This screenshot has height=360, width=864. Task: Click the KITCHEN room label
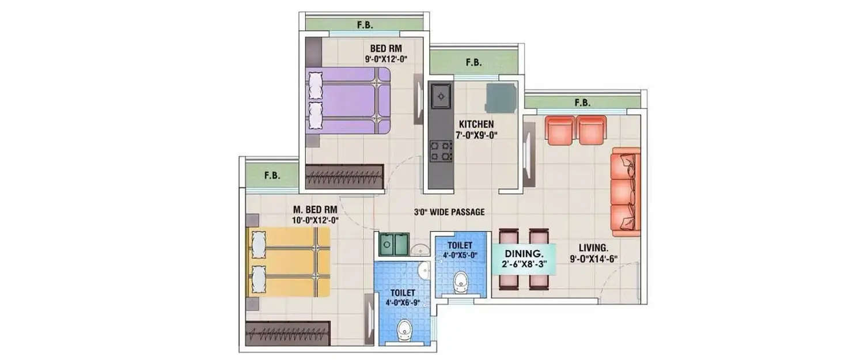tap(476, 124)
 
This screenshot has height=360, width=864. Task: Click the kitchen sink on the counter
tap(441, 96)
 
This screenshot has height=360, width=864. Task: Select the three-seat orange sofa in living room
tap(626, 191)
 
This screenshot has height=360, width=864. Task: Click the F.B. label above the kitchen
tap(473, 62)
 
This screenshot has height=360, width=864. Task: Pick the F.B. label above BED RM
tap(365, 24)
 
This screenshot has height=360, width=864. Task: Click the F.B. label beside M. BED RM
tap(272, 176)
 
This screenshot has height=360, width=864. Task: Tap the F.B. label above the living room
tap(582, 103)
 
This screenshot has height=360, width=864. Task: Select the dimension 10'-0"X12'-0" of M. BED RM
tap(314, 219)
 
